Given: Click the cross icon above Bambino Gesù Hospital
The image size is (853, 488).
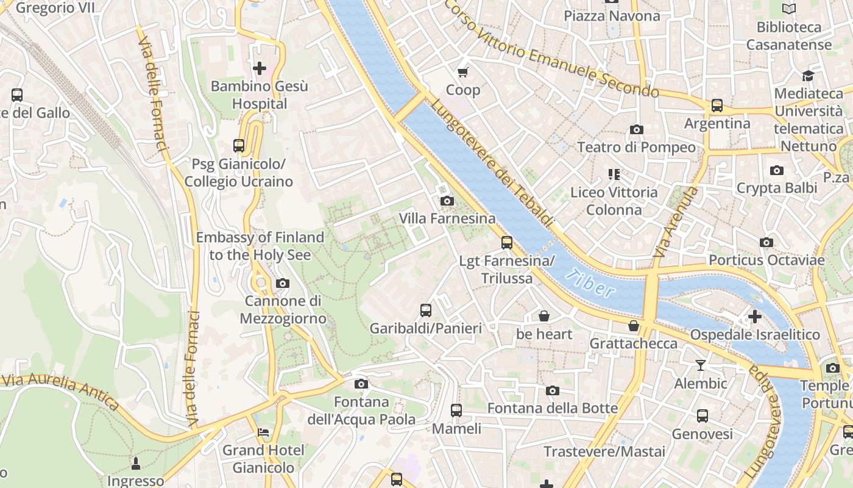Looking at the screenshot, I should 260,68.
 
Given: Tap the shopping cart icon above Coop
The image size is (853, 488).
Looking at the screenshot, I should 463,72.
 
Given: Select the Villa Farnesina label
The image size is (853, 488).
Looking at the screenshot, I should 447,218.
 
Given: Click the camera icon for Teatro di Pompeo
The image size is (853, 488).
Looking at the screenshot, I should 637,129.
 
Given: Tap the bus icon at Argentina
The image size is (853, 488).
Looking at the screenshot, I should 717,106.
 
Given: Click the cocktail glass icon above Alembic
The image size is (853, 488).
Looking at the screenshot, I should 701,365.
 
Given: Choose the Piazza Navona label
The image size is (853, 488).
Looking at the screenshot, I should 612,16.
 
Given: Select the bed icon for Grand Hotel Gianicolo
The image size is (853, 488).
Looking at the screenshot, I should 263,432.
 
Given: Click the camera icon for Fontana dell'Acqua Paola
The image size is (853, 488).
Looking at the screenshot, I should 361,384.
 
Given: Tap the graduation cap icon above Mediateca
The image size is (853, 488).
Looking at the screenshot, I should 809,76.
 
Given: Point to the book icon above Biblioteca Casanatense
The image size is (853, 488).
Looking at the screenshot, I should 789,9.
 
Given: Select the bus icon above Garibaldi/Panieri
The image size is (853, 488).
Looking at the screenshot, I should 426,310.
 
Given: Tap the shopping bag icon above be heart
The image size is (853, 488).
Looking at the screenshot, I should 544,316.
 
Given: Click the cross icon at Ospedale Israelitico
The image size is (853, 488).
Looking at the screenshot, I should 755,317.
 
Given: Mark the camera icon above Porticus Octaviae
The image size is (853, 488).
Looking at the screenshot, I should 766,242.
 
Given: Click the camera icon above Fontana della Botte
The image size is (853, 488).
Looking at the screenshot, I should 553,390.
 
